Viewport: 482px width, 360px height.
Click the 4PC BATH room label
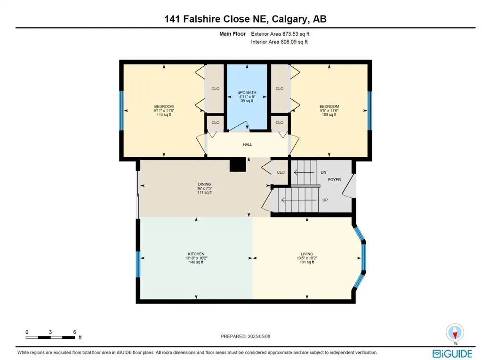247,92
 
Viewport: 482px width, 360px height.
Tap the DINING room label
204,184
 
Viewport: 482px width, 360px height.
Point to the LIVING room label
307,254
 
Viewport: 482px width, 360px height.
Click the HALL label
247,144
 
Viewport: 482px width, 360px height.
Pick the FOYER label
334,180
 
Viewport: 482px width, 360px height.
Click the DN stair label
323,173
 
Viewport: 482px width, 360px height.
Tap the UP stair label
324,200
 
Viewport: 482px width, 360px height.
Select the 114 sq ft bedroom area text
164,115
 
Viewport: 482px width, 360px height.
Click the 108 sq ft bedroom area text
329,115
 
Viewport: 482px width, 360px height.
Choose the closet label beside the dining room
281,172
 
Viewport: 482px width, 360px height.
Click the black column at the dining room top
238,164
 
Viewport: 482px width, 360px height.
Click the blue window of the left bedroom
121,110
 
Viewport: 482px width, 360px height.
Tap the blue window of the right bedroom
370,110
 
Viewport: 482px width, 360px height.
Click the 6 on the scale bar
75,332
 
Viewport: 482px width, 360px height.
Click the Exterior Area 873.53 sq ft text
280,34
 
